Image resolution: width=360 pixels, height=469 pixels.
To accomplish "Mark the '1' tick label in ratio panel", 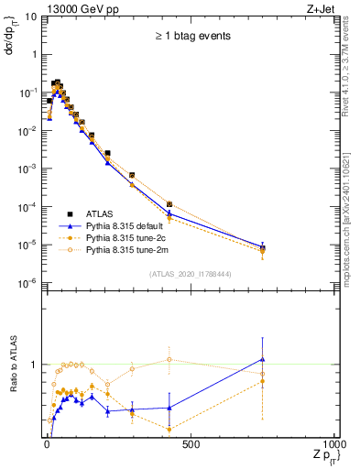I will [34, 365].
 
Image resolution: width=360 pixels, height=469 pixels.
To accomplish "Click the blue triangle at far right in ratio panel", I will [263, 359].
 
